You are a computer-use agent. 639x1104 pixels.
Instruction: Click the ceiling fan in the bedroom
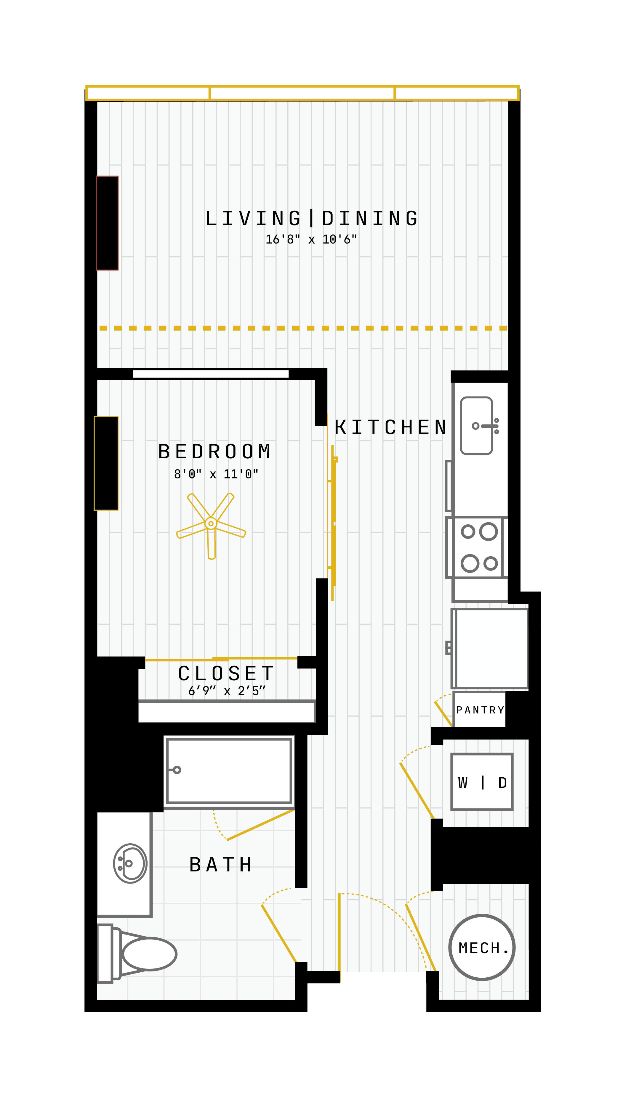(x=211, y=523)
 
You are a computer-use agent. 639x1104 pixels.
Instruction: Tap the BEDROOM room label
(x=215, y=452)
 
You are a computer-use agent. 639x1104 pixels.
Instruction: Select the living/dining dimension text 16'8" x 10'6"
(x=311, y=239)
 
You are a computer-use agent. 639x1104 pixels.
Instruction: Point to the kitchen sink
(x=477, y=426)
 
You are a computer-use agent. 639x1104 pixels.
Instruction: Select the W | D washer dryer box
(x=482, y=782)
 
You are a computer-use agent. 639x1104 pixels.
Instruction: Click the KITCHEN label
(x=390, y=428)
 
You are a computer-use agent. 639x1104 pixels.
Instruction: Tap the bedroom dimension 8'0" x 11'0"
(x=216, y=474)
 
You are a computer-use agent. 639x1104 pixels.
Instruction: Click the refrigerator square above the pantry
(x=490, y=648)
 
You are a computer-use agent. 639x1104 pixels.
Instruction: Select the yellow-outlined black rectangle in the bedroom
(x=106, y=463)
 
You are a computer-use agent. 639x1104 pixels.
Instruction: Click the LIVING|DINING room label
(x=312, y=218)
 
